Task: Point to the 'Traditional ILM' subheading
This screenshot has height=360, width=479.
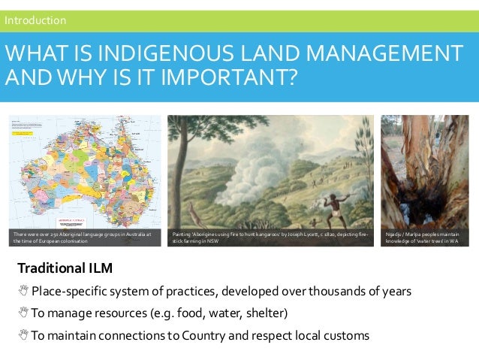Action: [65, 268]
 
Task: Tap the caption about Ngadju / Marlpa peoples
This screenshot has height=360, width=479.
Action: [425, 237]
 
